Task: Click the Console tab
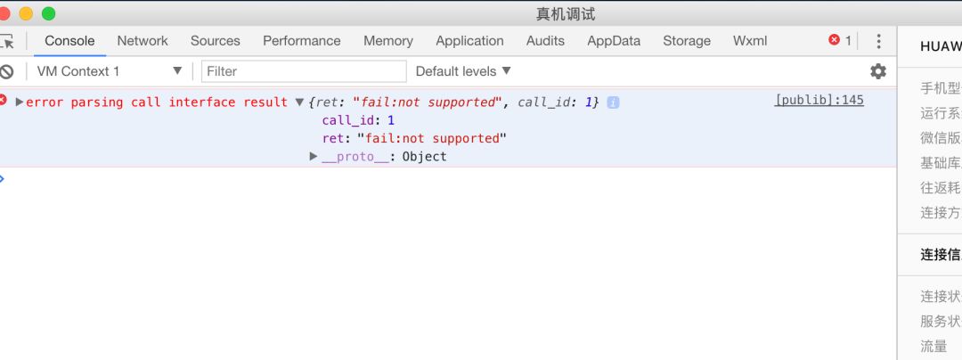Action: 69,41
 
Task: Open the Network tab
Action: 143,41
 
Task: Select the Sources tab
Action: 215,41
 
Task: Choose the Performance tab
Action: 301,41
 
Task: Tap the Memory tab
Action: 387,41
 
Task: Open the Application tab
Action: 469,41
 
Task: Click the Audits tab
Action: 545,41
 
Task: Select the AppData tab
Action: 614,41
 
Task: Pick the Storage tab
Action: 686,41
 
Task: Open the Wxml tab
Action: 750,41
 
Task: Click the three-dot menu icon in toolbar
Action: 878,41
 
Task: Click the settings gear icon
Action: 878,71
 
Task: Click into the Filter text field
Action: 304,71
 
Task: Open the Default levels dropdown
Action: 463,71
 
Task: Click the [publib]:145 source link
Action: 819,101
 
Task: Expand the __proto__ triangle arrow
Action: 314,157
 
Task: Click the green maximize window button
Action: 48,13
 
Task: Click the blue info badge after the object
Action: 613,102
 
